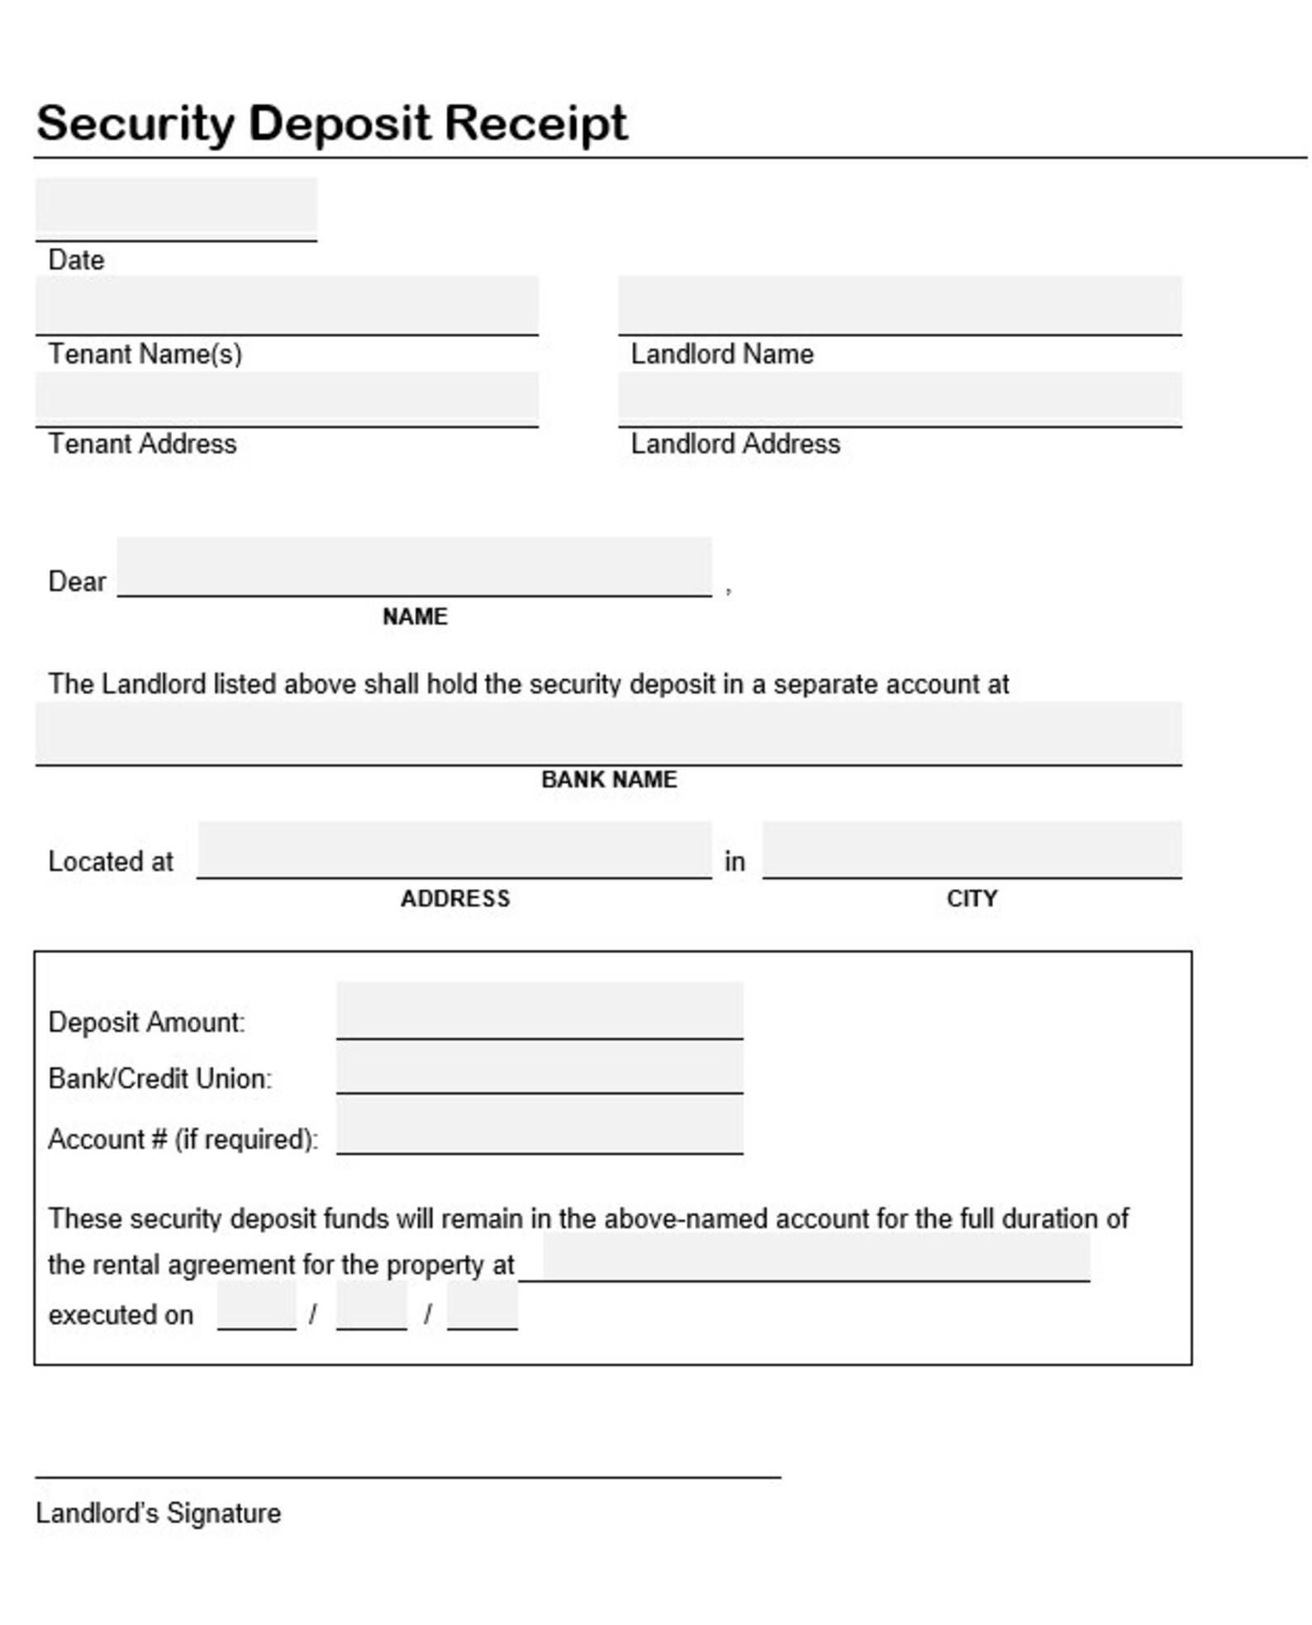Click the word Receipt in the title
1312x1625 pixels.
(535, 123)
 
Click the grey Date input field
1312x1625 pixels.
(176, 207)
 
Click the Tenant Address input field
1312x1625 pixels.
(286, 398)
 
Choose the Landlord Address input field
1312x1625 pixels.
(899, 398)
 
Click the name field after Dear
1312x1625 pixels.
(414, 566)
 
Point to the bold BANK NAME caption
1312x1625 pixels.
(609, 778)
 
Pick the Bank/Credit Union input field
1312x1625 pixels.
(540, 1067)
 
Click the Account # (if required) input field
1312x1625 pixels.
(540, 1125)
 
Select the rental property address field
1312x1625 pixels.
(815, 1257)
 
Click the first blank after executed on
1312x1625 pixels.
(256, 1305)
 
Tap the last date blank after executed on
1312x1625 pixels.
(482, 1305)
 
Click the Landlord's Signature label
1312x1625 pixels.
(158, 1513)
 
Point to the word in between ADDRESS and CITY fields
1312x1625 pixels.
(734, 862)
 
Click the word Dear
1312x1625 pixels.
(77, 581)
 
